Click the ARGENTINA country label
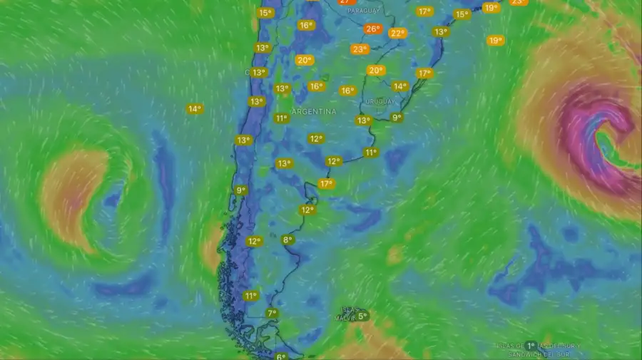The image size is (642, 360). point(313,112)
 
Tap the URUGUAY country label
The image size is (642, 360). point(379,101)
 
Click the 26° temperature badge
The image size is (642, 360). point(372,29)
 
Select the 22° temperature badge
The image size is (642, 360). point(397,33)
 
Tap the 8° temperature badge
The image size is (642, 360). point(287,240)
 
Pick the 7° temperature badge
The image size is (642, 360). point(272,314)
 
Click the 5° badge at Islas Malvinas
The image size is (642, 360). point(362,316)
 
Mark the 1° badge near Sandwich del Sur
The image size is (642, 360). point(531,345)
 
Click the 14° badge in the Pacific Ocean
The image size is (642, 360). point(194,109)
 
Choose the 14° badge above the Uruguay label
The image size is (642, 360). point(400,86)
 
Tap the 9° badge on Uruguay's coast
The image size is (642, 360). point(397,118)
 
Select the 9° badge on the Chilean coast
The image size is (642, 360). point(241,190)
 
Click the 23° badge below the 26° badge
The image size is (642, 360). point(359,49)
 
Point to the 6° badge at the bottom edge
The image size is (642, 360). point(280,356)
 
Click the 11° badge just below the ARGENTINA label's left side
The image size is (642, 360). point(281,118)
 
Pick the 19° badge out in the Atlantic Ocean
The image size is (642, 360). point(495,41)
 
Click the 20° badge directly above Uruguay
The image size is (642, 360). point(375,71)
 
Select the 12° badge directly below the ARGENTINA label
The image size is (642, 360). point(315,138)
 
